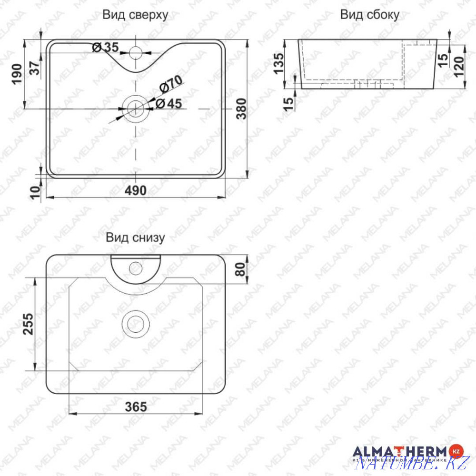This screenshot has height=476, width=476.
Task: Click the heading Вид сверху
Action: coord(135,15)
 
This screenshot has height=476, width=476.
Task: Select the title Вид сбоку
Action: coord(369,15)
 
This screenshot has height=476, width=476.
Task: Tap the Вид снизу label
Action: coord(135,238)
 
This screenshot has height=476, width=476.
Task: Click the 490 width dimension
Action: coord(136,190)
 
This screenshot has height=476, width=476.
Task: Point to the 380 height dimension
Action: coord(242,109)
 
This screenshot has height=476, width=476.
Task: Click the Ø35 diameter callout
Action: coord(105,47)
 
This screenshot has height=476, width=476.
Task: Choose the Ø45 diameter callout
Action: coord(169,103)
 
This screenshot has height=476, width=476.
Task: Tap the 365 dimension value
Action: coord(136,407)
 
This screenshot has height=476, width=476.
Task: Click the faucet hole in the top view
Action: coord(136,51)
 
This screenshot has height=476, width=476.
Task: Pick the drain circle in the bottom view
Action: coord(136,324)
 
